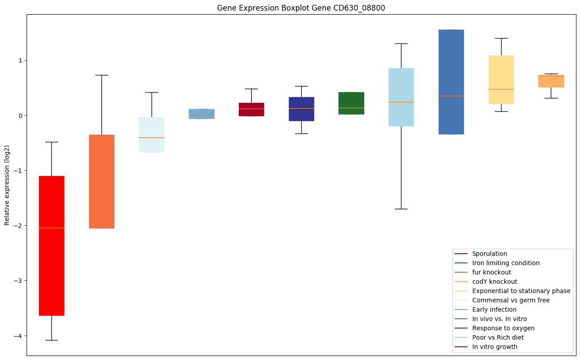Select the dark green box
(351, 103)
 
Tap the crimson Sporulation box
(251, 110)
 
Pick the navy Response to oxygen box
(301, 109)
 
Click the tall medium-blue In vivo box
(451, 82)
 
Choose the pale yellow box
(501, 79)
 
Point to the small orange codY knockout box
(551, 81)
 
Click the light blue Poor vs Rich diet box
(401, 97)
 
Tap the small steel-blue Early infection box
(201, 114)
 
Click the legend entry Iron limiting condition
(506, 263)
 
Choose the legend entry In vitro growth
(494, 347)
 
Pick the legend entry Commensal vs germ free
(510, 300)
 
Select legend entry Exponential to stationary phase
(521, 291)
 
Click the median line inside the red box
(51, 228)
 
